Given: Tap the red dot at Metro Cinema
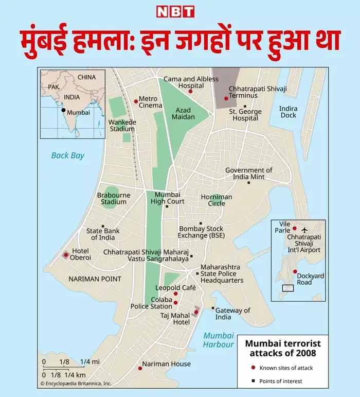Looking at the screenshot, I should coord(136,101).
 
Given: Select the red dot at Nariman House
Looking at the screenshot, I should coord(140,368).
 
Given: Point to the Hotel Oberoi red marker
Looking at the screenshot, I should coord(65,255).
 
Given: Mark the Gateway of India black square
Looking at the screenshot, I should coord(213,308).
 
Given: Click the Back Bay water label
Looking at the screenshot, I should coord(67,156).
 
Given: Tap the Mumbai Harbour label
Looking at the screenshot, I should coord(218,340).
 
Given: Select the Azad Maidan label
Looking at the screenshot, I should coord(183,114).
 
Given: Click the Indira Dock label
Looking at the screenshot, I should coord(288,112).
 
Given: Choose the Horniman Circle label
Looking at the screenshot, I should coord(217,200).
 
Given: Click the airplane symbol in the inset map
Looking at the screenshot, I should coord(304,229).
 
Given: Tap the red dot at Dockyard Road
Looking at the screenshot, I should coord(295,272).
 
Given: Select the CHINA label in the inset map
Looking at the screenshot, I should coord(86,77).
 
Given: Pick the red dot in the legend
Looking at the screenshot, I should coord(252,368).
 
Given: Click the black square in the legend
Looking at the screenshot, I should coord(252,381).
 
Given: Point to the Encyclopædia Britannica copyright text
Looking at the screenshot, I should coord(76,384).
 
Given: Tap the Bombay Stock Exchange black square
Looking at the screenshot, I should coord(200,223).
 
